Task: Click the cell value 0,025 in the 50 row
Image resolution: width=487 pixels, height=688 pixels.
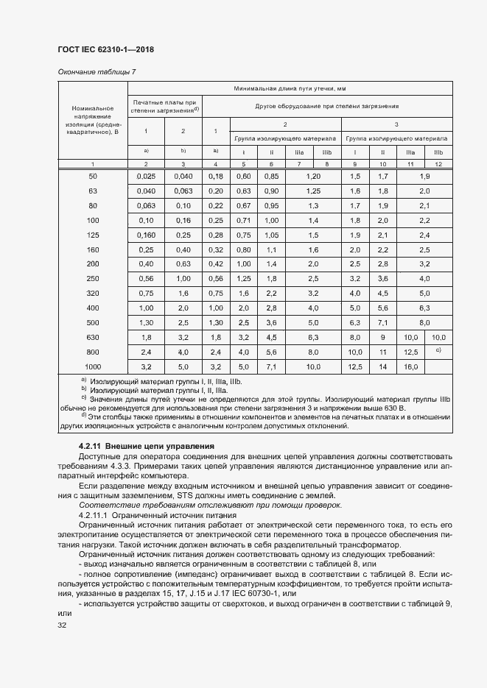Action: pyautogui.click(x=146, y=177)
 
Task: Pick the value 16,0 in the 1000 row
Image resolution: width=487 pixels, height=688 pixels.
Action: pyautogui.click(x=410, y=366)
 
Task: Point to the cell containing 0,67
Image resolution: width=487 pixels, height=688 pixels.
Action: pyautogui.click(x=243, y=205)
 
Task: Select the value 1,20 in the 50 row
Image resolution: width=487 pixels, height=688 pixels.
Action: pyautogui.click(x=312, y=177)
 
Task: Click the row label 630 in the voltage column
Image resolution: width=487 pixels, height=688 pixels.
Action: pyautogui.click(x=92, y=337)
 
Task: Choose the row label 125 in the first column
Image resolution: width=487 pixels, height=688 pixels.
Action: pyautogui.click(x=92, y=235)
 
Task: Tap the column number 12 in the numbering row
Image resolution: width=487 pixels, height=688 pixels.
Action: pyautogui.click(x=438, y=163)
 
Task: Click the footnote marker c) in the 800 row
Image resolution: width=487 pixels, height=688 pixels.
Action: pyautogui.click(x=438, y=351)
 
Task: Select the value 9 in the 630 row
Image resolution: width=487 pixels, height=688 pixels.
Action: pyautogui.click(x=382, y=337)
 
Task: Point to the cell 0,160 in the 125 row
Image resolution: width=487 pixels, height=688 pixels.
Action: pyautogui.click(x=146, y=235)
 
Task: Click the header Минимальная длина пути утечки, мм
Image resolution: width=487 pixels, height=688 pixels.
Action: pyautogui.click(x=290, y=88)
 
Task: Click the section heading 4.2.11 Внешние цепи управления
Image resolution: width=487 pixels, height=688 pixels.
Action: pyautogui.click(x=146, y=446)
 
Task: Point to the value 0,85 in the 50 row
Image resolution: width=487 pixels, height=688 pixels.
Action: pyautogui.click(x=270, y=177)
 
